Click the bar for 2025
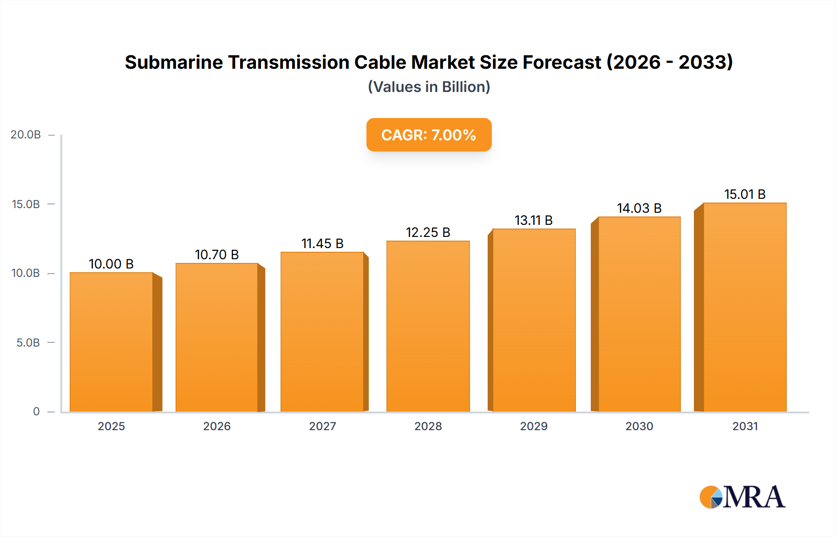111,342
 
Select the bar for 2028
428,326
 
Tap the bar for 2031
745,307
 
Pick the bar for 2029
534,320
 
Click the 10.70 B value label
216,255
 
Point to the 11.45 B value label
322,243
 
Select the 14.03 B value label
639,208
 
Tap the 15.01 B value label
745,194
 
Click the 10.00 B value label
111,264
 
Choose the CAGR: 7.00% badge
429,135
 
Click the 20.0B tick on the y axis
26,135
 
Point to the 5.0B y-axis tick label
28,343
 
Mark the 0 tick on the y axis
36,412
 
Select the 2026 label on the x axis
217,426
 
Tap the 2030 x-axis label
639,426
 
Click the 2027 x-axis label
322,426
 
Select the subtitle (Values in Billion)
429,87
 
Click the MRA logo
742,497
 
